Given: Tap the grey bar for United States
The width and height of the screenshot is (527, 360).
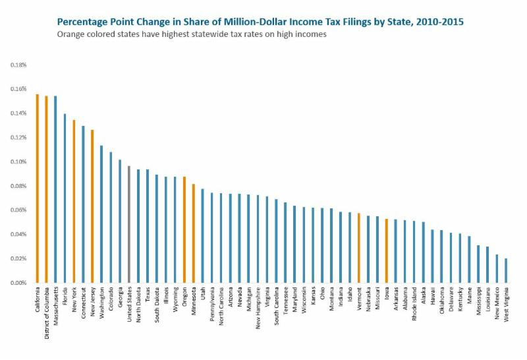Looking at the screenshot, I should (x=129, y=224).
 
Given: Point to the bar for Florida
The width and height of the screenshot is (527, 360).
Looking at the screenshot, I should (x=65, y=198).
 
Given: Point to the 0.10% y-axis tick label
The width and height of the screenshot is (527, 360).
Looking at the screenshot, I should (x=18, y=162).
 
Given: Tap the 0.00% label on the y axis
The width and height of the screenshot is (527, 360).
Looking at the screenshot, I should (x=18, y=283).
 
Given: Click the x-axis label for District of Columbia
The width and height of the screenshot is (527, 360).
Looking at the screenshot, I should (x=47, y=310).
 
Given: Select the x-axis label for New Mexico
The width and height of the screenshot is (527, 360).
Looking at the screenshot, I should (x=497, y=304).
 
